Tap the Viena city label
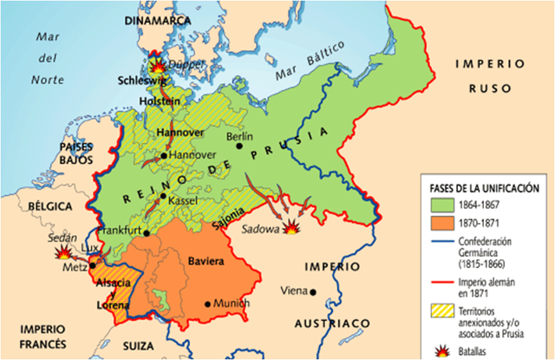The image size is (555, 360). tap(293, 291)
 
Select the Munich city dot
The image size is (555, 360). tap(206, 304)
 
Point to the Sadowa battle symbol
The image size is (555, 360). tap(293, 228)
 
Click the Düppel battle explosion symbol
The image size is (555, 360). tap(159, 65)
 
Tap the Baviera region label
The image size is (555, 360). tap(206, 259)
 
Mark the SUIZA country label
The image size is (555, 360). tap(144, 350)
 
